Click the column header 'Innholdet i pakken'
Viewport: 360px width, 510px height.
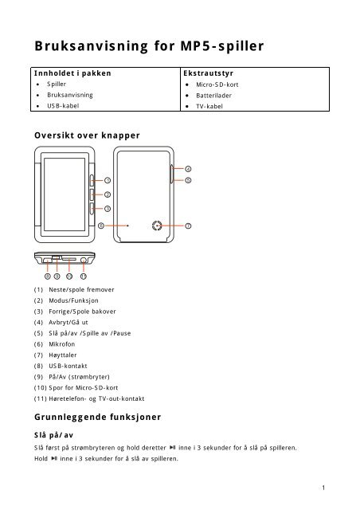[72, 72]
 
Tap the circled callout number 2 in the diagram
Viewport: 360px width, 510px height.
[108, 194]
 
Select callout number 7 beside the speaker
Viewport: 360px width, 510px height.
[188, 226]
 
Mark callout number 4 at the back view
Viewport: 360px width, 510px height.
[188, 169]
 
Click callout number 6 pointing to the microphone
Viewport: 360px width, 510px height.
[100, 226]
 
